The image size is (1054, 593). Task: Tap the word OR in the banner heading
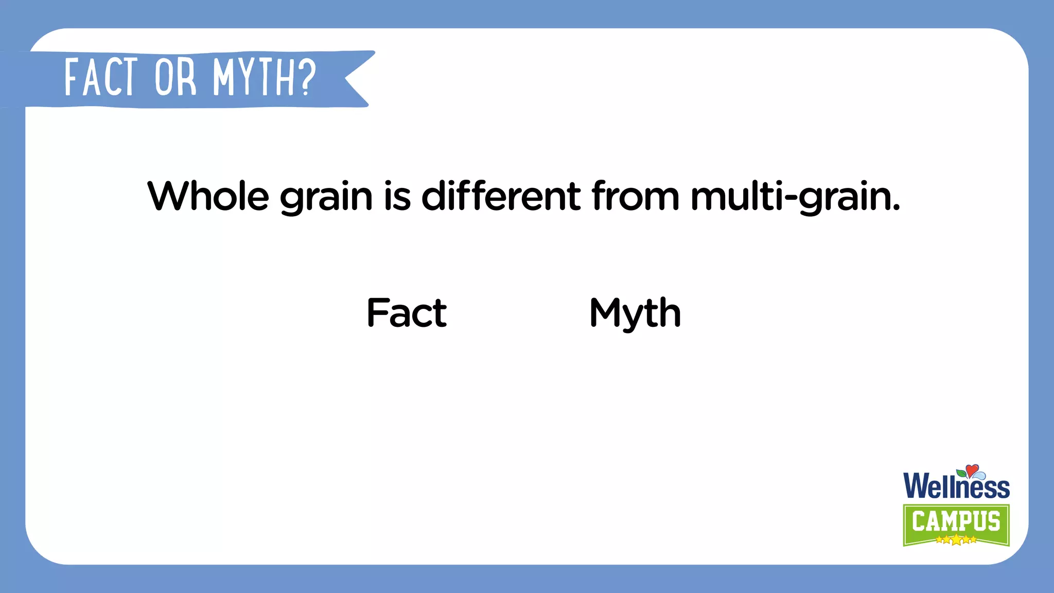pyautogui.click(x=175, y=78)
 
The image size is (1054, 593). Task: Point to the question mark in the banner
pyautogui.click(x=307, y=78)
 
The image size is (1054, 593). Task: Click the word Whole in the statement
pyautogui.click(x=208, y=196)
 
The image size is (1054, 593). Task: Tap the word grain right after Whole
pyautogui.click(x=326, y=198)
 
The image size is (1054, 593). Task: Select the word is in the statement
pyautogui.click(x=397, y=196)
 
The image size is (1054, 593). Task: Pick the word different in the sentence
pyautogui.click(x=501, y=196)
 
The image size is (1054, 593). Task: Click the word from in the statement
pyautogui.click(x=635, y=196)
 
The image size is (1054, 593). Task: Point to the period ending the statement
pyautogui.click(x=897, y=208)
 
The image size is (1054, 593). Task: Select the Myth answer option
pyautogui.click(x=635, y=313)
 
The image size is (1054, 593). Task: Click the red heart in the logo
pyautogui.click(x=972, y=470)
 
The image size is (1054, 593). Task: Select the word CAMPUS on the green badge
pyautogui.click(x=956, y=521)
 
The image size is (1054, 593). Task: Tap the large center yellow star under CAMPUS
pyautogui.click(x=956, y=540)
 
